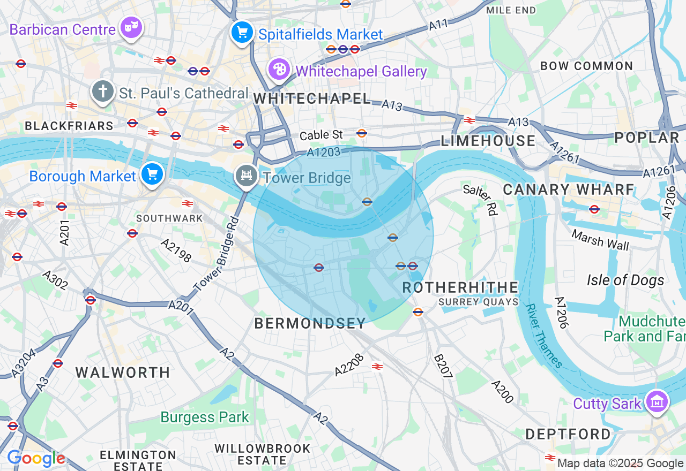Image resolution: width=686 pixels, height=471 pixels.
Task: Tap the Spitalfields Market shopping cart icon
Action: coord(242,33)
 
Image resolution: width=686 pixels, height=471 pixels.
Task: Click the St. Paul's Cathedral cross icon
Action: coord(103,92)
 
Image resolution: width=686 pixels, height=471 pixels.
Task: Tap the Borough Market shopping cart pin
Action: coord(152,174)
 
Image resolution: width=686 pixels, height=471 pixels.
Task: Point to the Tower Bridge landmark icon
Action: coord(247,176)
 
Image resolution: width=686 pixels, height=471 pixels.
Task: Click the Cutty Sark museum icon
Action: coord(657,401)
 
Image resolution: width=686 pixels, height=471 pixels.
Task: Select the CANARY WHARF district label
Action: coord(569,189)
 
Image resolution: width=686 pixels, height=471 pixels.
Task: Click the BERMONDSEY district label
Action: coord(310,323)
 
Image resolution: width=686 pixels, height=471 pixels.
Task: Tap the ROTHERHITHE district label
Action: coord(460,287)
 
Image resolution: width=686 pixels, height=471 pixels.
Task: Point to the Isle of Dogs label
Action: coord(625,280)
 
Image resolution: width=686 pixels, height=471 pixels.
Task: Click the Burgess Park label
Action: coord(205,417)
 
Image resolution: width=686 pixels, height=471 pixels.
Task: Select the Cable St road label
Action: coord(321,135)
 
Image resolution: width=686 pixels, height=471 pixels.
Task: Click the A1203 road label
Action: coord(324,153)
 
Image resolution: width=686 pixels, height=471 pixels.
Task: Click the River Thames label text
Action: coord(544,336)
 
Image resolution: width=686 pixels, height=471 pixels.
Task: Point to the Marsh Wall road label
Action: coord(600,240)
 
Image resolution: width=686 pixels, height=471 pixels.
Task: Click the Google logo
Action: coord(36,459)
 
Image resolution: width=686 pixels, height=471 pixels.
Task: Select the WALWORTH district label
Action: coord(123,373)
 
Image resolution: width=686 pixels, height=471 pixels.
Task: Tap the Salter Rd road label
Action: coord(480,200)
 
